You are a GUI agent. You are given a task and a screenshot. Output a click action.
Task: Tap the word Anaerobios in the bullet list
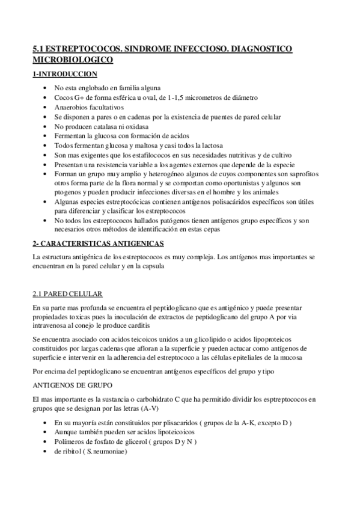72,106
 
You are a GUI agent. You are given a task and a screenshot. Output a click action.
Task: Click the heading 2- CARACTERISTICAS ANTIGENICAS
97,244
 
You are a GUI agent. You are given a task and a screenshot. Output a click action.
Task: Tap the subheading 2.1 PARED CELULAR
67,293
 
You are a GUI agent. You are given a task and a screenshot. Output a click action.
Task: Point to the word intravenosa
49,328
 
